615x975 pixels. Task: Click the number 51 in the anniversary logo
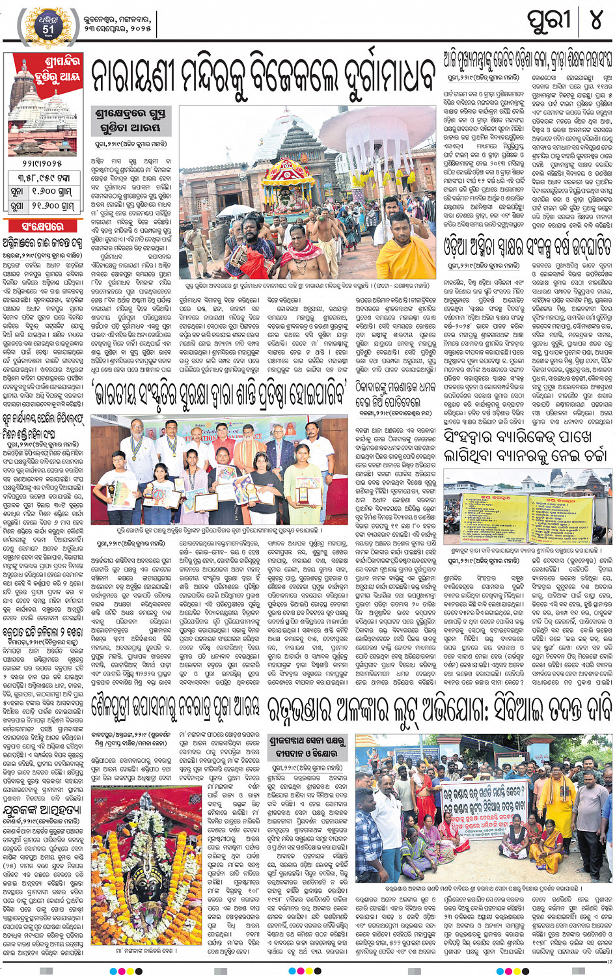click(x=48, y=29)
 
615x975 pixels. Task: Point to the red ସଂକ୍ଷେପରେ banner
click(x=43, y=227)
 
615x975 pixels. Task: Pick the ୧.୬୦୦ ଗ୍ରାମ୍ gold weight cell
click(x=59, y=193)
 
